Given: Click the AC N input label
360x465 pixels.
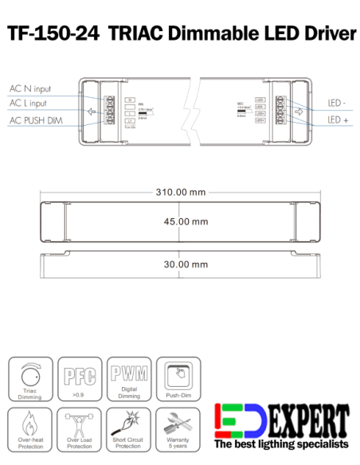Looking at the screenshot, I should point(29,88).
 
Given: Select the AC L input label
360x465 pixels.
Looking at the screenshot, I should point(29,104).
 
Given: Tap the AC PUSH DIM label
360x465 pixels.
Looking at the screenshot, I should point(35,119).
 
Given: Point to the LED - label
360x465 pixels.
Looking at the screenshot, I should point(337,104).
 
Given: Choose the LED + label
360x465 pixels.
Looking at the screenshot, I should point(338,119).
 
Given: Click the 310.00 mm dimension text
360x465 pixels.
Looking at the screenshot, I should point(180,192).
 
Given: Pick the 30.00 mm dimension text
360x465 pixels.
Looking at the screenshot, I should point(180,264).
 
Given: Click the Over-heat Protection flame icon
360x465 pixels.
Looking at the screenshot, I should point(31,423).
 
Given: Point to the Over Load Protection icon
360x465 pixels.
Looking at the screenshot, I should point(80,423).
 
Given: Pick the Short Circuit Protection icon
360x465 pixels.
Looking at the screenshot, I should point(128,423).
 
